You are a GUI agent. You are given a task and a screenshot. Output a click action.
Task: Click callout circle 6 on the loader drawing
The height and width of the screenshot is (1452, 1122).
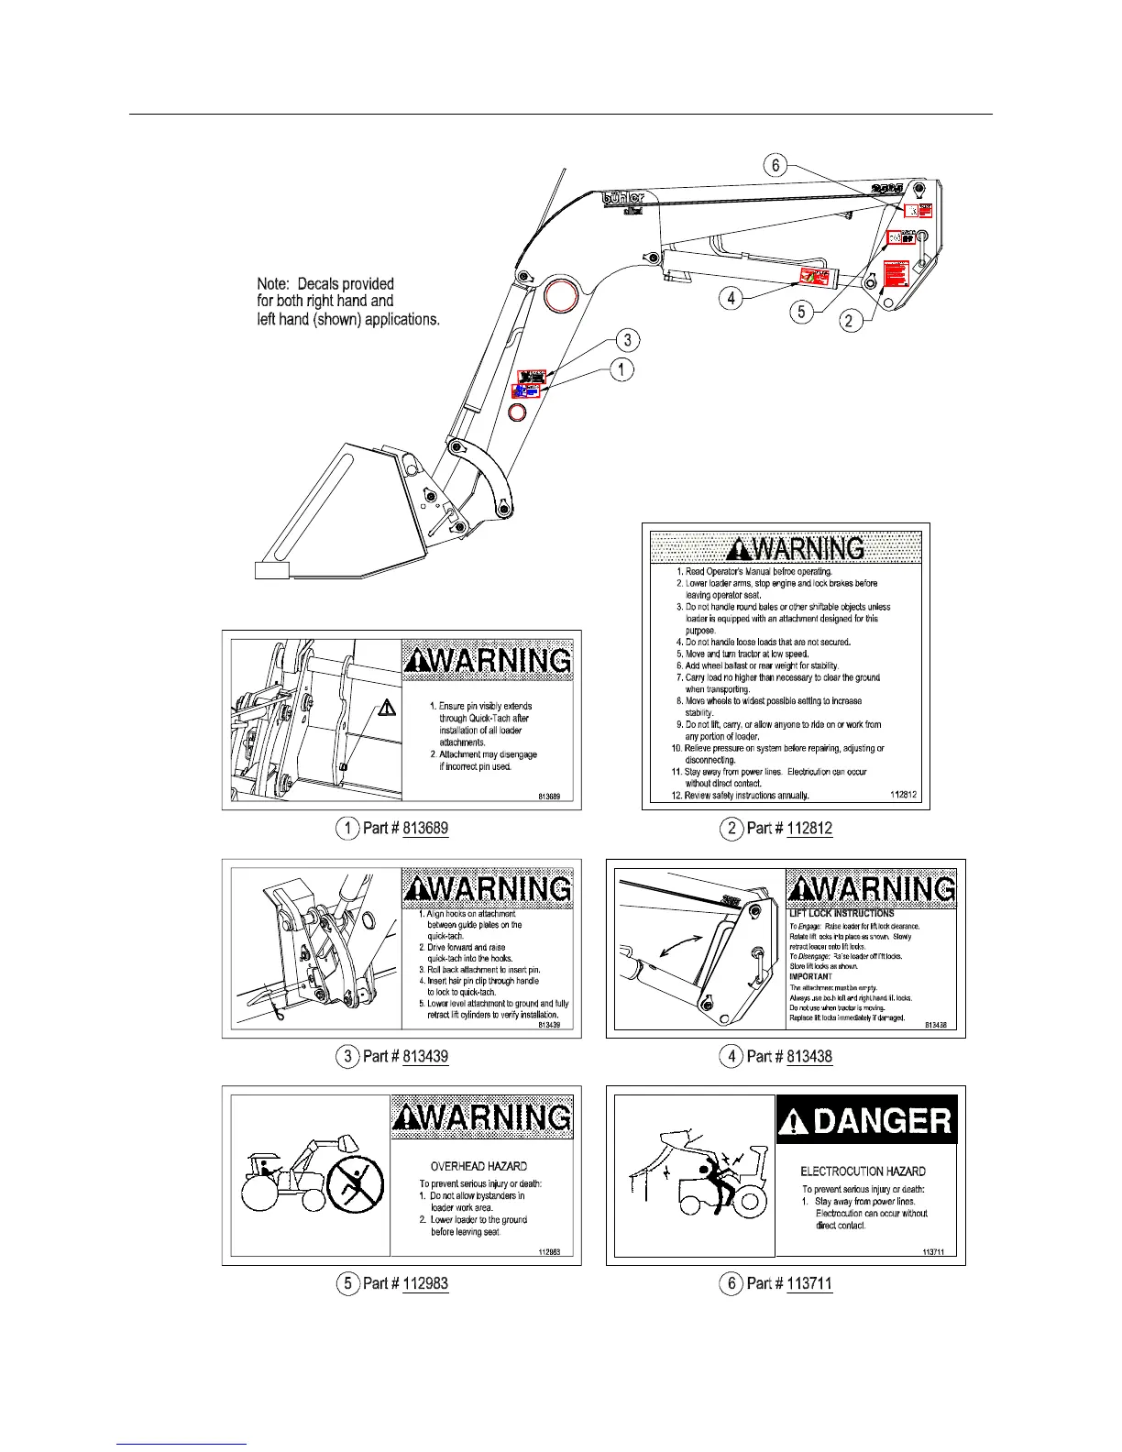(775, 165)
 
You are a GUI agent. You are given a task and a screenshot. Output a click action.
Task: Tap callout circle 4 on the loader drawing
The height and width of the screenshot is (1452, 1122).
(731, 298)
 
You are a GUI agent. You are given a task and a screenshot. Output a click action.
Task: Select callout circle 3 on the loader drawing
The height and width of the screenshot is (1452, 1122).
(627, 340)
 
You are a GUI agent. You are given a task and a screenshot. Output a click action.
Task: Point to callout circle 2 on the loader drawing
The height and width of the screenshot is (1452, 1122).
(850, 320)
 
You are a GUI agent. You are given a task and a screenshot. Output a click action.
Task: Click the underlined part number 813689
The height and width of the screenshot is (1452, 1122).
(425, 829)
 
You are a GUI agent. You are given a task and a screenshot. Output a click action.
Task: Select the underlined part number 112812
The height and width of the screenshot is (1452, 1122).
(809, 829)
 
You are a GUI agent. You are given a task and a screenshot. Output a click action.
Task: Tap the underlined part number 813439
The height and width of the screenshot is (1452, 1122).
(425, 1057)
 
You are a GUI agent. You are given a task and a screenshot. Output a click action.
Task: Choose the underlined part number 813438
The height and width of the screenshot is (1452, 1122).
(809, 1057)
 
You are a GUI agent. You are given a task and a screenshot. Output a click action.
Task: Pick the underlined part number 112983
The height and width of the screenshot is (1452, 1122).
(425, 1283)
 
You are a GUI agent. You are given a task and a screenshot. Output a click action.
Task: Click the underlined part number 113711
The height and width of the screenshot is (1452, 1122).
(809, 1283)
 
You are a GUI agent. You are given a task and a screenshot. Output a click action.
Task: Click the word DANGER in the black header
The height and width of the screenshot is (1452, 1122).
(883, 1120)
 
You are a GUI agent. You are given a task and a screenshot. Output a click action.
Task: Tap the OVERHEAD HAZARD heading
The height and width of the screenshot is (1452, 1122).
(478, 1166)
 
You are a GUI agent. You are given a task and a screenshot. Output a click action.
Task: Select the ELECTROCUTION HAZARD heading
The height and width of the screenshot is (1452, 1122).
(863, 1171)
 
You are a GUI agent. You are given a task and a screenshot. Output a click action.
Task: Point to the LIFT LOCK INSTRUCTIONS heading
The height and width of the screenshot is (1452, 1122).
(841, 914)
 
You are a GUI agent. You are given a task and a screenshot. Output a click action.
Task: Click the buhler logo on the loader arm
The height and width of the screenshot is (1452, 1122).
(623, 197)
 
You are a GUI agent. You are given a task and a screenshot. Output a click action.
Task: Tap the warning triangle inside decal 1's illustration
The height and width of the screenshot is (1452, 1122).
(387, 707)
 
